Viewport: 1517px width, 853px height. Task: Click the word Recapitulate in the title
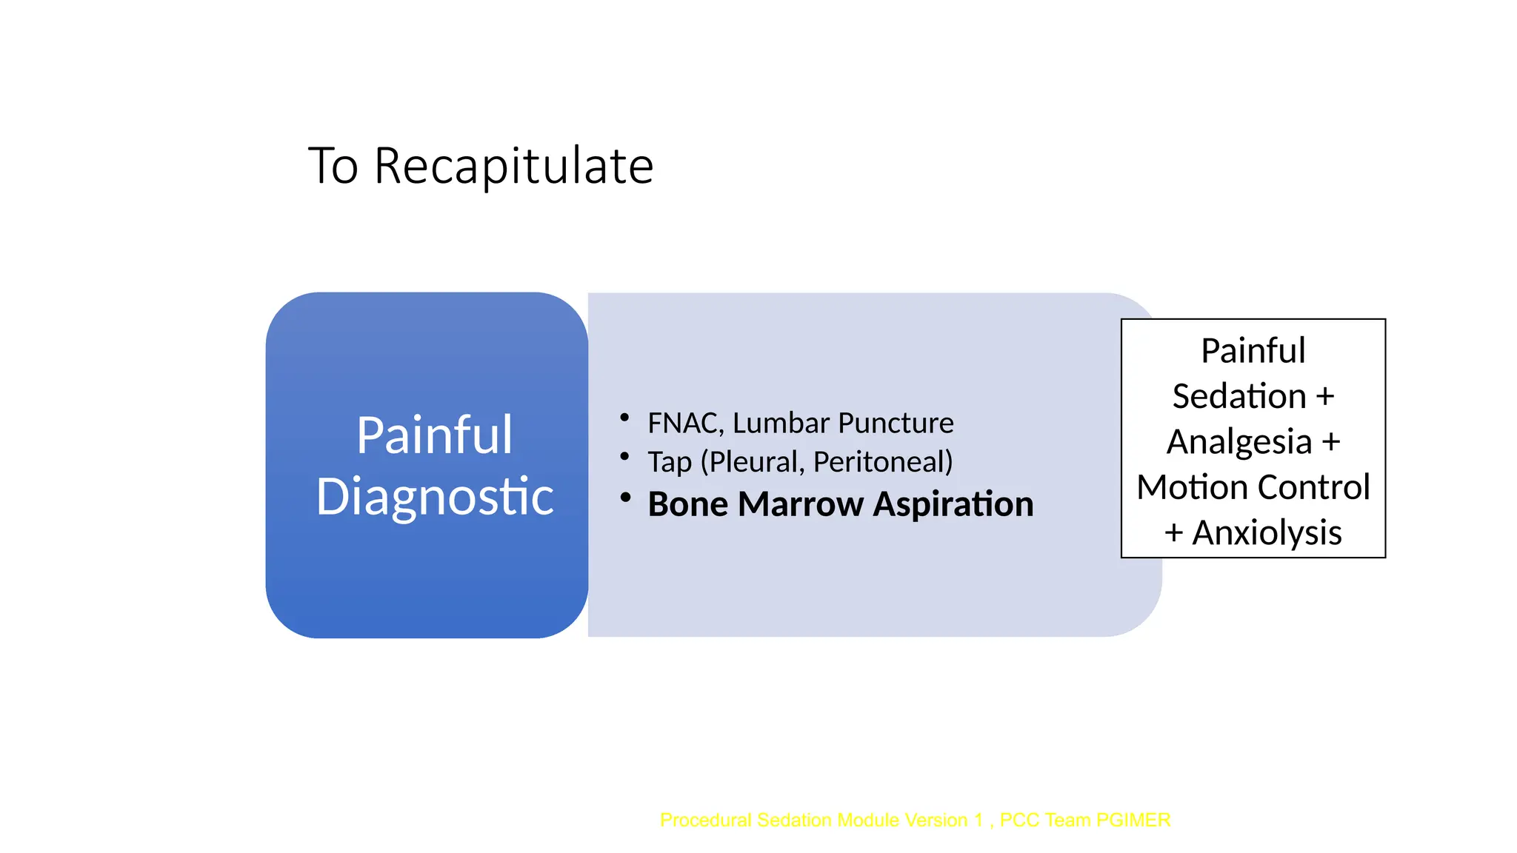tap(513, 166)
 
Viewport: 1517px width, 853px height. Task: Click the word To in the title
tap(333, 166)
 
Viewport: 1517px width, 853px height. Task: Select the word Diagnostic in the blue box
tap(434, 496)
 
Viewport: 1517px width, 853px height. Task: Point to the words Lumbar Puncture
tap(843, 424)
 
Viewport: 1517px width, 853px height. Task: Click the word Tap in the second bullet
tap(670, 462)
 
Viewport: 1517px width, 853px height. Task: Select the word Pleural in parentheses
tap(754, 462)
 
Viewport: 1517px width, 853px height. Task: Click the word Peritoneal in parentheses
tap(881, 462)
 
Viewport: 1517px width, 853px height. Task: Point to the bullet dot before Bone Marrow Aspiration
tap(625, 498)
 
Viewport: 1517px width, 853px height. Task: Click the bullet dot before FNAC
tap(624, 418)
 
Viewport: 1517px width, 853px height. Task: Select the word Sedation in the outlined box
tap(1238, 396)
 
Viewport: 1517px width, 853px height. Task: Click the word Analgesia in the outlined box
tap(1239, 442)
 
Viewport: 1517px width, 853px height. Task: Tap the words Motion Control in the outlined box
tap(1253, 487)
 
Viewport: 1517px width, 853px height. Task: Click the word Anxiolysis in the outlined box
tap(1267, 533)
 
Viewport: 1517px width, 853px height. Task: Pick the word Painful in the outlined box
tap(1253, 351)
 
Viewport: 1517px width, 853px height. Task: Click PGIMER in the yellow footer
tap(1133, 820)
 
